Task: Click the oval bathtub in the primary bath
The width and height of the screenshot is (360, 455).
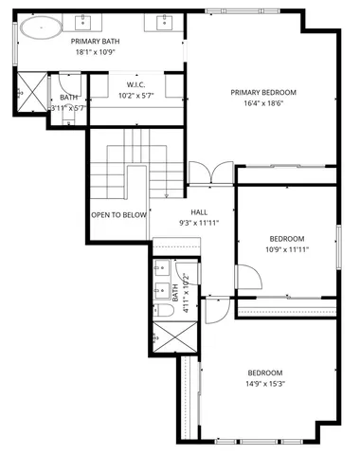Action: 38,27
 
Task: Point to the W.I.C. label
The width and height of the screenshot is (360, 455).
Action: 135,84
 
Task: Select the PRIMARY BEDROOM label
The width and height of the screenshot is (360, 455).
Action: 263,93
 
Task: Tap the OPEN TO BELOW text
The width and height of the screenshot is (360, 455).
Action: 119,215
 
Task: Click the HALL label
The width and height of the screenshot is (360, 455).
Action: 199,212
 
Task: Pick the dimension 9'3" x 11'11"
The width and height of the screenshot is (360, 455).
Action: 199,224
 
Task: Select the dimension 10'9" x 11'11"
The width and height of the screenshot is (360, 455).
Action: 286,250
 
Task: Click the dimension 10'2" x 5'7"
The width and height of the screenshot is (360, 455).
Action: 135,96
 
